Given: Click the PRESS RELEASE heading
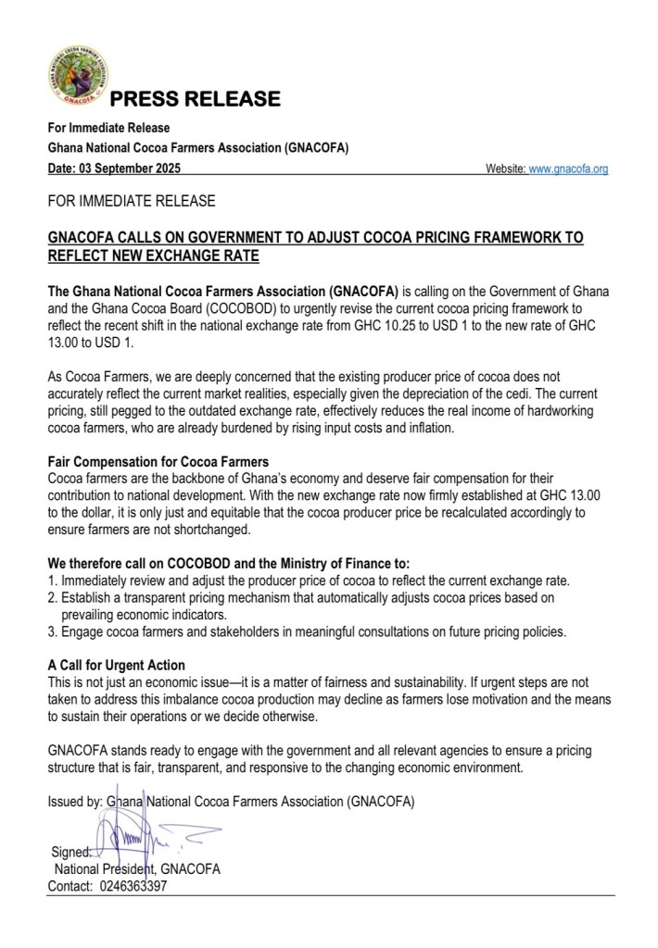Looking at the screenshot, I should coord(195,99).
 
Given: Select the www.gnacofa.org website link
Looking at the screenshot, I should coord(567,169).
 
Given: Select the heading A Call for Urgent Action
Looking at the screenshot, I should coord(116,665).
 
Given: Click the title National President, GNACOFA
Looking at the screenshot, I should coord(137,869).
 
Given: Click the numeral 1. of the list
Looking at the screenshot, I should coord(52,580).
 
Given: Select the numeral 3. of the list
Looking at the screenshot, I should coord(52,631).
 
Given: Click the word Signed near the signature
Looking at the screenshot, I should coord(70,853).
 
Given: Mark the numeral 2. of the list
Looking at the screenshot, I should coord(52,597).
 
